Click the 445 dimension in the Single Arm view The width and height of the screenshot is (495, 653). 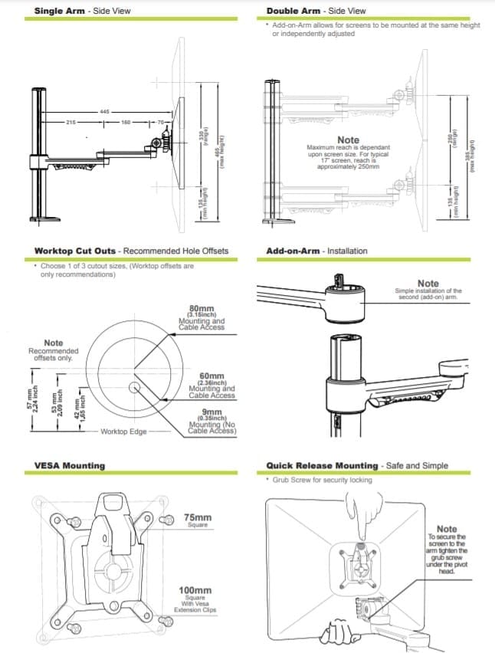coord(104,111)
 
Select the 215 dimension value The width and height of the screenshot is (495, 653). coord(71,122)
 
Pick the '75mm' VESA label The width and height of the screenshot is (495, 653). coord(198,518)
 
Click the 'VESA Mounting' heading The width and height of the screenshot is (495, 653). coord(70,465)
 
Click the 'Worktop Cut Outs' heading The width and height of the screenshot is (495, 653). coord(77,251)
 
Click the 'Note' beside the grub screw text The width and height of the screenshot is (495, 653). coord(446,529)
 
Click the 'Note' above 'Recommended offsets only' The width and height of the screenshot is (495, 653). coord(54,343)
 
